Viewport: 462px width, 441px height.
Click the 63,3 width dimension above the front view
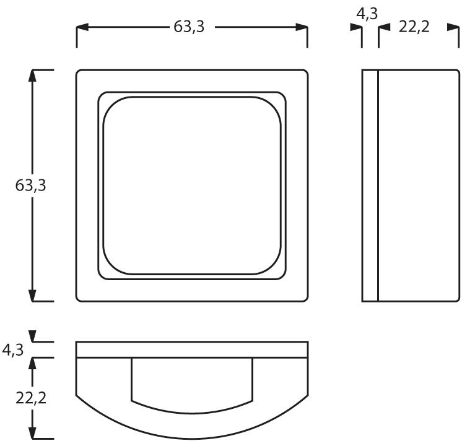tap(189, 27)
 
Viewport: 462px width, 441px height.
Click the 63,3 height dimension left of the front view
tap(31, 186)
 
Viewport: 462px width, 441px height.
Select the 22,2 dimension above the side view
tap(414, 27)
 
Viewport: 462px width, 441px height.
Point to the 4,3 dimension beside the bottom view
tap(12, 350)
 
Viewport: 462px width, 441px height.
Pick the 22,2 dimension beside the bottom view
tap(31, 397)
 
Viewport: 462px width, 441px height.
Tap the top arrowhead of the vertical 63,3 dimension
tap(33, 76)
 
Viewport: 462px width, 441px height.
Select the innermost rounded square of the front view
tap(192, 186)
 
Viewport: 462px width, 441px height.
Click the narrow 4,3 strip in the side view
tap(370, 186)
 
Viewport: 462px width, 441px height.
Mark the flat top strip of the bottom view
tap(192, 349)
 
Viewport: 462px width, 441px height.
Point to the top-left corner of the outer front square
tap(78, 72)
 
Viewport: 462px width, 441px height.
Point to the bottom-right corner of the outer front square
tap(306, 300)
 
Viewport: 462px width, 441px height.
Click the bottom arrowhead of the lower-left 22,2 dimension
tap(33, 433)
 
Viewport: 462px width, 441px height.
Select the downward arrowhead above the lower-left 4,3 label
tap(33, 337)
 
